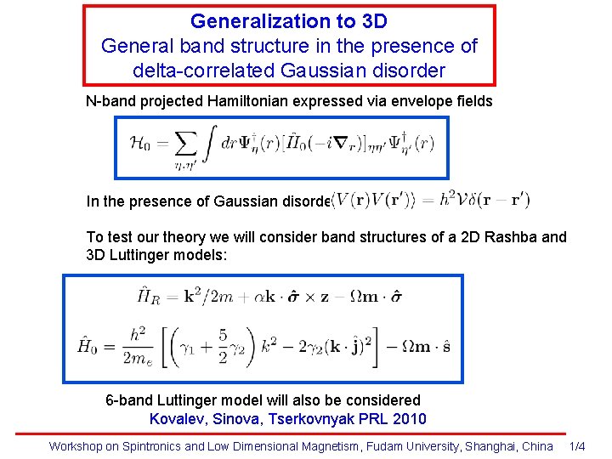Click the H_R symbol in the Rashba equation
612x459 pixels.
145,296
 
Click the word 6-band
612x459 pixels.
127,399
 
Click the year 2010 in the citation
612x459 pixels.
410,418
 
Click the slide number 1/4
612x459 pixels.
576,446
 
